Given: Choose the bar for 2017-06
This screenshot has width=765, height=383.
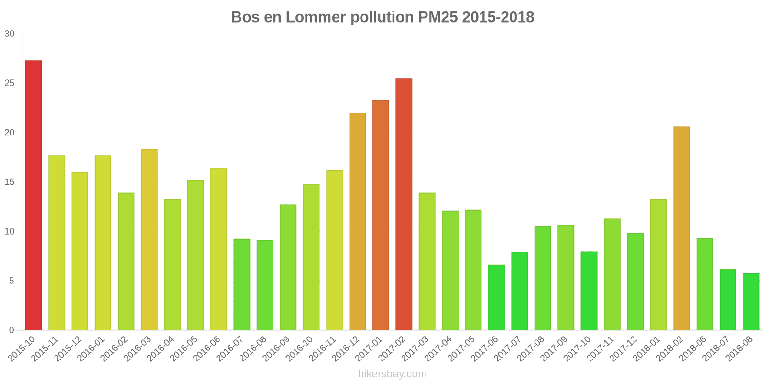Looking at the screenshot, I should coord(496,297).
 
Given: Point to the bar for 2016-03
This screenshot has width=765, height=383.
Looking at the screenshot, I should coord(149,239).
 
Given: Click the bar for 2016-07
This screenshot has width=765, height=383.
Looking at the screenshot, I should coord(242,284).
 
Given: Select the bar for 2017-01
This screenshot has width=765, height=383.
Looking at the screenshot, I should coord(381,215).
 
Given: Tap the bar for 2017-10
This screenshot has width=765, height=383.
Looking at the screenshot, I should coord(589,291).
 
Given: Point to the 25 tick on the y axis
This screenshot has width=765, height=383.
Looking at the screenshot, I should coord(10,83).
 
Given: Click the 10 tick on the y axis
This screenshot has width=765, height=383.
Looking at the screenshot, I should coord(10,231).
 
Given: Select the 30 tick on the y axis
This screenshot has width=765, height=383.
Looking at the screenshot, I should coord(10,34).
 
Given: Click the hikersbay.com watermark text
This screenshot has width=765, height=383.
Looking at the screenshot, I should coord(392,374).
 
